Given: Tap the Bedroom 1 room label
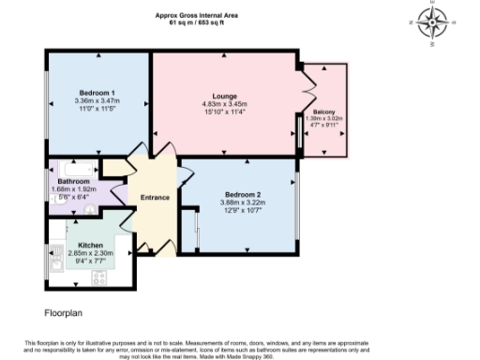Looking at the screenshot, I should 98,93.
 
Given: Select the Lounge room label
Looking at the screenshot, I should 224,96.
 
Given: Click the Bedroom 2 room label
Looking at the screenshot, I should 241,195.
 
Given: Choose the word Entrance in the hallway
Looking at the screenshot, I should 155,198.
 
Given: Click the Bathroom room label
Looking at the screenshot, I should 73,181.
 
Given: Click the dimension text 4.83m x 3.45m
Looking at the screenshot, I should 224,103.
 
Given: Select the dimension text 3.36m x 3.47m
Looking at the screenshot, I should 98,100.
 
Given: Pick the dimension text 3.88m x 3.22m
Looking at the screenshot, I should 241,202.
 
